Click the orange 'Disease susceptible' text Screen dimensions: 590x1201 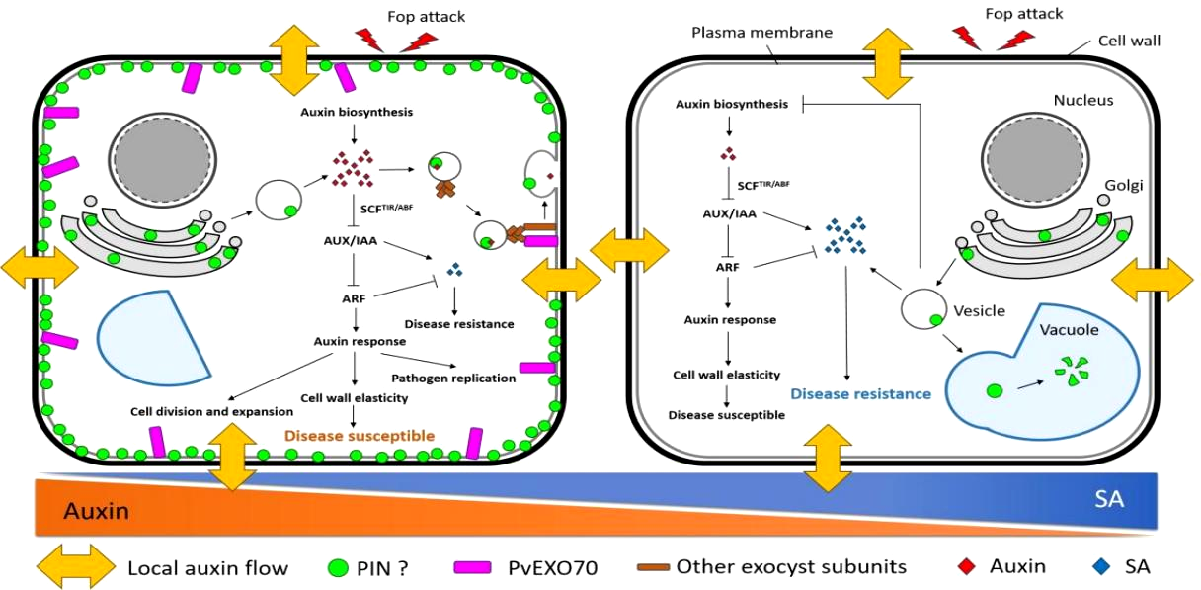(360, 435)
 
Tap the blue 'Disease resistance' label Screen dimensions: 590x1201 (860, 393)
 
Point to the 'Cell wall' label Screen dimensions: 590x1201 (1129, 42)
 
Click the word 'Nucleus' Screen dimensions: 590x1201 (1082, 100)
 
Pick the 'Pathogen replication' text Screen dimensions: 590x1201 (453, 378)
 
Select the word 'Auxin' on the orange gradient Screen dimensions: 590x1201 (96, 511)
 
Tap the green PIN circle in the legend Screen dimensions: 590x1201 (337, 567)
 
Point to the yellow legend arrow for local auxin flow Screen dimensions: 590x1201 (75, 567)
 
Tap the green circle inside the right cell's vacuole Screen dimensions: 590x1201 (994, 390)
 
